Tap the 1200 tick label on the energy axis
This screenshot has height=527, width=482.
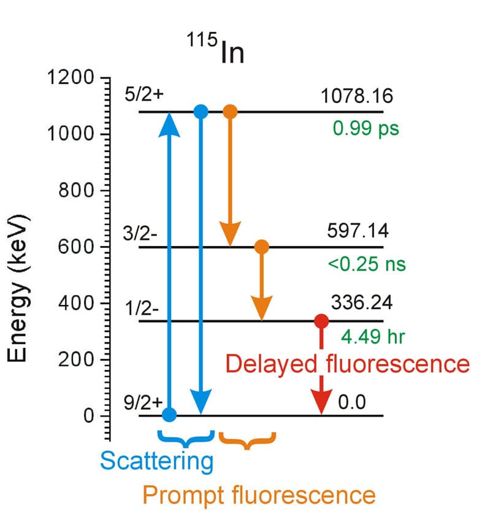[x=71, y=79]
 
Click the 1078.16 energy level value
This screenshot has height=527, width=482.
[x=356, y=97]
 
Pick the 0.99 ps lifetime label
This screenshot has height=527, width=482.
[x=365, y=129]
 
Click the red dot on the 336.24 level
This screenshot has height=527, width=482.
[x=321, y=321]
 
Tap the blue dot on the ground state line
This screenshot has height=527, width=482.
[x=170, y=415]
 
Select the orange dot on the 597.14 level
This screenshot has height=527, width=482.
[x=261, y=247]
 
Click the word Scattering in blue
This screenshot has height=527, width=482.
[x=157, y=461]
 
